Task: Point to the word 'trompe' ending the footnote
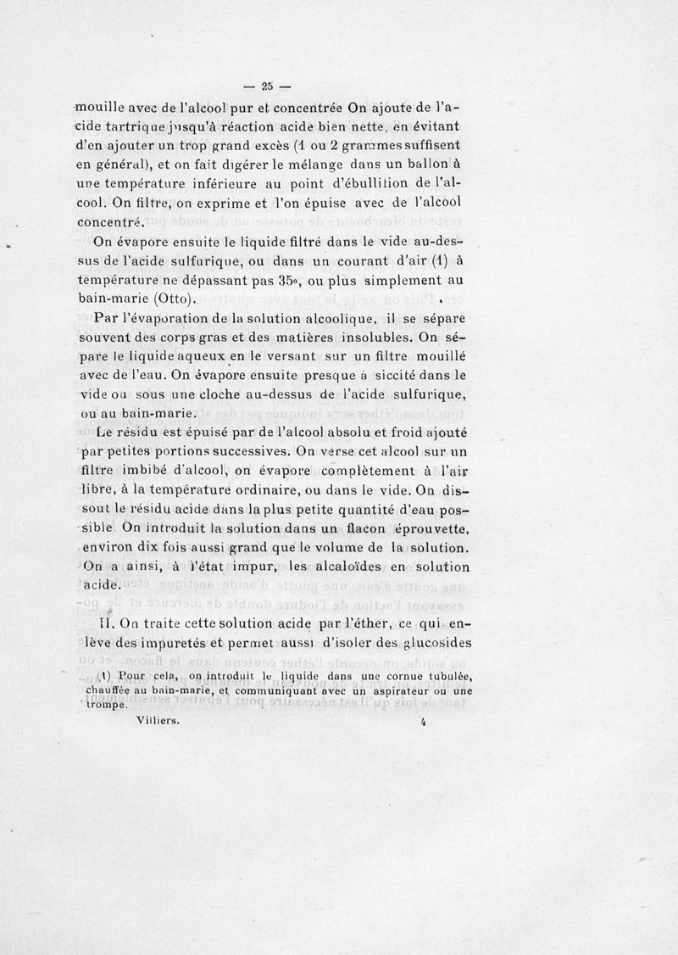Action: (107, 704)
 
